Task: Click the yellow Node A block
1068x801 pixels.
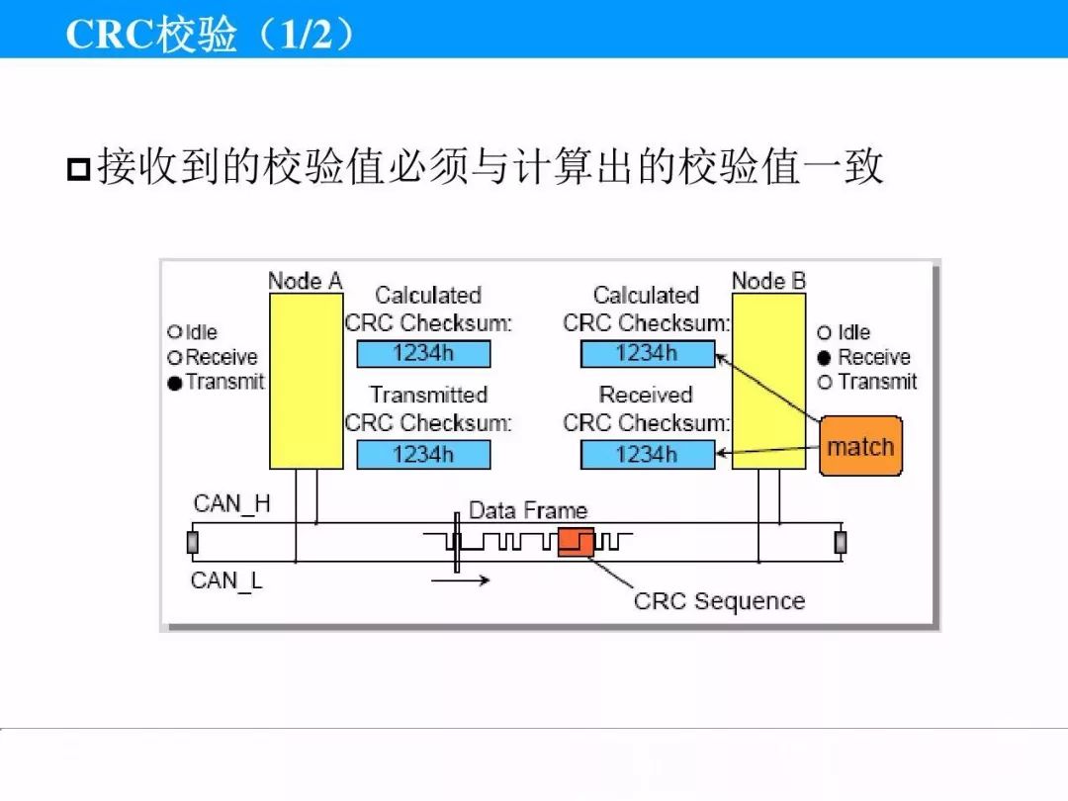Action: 306,381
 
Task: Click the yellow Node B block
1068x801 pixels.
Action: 769,381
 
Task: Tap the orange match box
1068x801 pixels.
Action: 861,446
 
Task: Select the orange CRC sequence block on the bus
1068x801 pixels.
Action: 576,542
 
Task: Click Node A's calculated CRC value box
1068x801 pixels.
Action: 423,353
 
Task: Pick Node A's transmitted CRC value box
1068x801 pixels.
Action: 423,454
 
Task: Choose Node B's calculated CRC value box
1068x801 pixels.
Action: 648,353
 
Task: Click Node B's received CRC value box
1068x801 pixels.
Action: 648,454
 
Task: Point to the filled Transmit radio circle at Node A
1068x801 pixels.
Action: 175,384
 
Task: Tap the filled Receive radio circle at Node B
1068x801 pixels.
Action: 824,358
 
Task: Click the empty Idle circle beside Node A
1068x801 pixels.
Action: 174,331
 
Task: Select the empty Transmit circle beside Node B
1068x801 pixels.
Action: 824,382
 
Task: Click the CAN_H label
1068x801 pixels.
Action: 231,504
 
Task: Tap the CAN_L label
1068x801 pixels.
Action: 226,581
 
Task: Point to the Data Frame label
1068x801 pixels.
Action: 528,510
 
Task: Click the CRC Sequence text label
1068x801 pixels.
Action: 719,601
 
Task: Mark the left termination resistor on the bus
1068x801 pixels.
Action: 193,542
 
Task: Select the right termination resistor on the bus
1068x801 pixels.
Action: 841,542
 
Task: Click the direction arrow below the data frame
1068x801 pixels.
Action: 461,580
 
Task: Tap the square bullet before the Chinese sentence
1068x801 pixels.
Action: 79,169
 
